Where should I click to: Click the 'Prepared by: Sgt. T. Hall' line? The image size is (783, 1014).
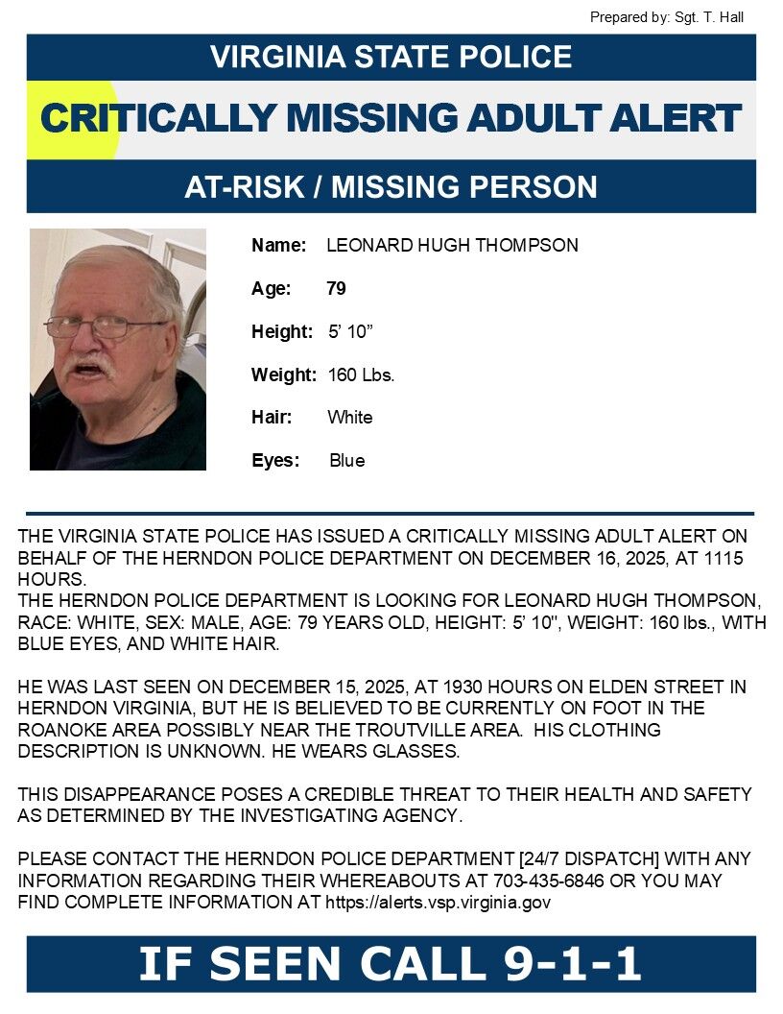666,17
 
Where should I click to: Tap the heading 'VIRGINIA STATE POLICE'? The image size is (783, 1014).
391,57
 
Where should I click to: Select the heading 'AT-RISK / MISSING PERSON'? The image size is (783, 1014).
391,186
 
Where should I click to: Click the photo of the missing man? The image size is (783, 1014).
118,350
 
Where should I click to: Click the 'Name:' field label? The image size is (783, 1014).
278,246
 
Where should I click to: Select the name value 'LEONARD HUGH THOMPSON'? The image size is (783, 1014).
452,246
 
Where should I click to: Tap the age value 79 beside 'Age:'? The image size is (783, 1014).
336,289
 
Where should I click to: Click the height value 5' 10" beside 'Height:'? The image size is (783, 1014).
350,332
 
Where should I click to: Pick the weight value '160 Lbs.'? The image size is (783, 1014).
361,374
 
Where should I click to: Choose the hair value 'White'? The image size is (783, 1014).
349,418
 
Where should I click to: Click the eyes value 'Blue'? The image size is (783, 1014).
346,461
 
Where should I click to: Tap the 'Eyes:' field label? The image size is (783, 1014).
275,461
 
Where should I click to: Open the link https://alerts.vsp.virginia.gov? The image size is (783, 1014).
438,903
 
